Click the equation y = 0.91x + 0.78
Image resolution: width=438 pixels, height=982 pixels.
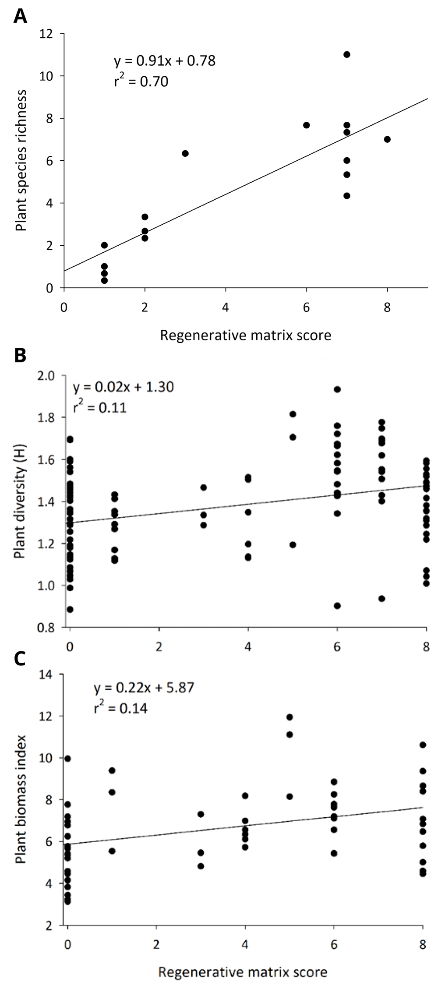coord(165,61)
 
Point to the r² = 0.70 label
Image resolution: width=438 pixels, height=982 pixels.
coord(141,81)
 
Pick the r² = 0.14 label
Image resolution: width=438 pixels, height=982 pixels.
coord(120,708)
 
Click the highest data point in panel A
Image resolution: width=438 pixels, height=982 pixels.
coord(347,54)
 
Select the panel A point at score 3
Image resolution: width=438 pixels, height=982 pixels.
coord(185,153)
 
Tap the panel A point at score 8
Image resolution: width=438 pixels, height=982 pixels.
coord(387,139)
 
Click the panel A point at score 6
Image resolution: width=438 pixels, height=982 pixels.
coord(307,125)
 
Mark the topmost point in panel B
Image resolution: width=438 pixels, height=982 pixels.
coord(337,389)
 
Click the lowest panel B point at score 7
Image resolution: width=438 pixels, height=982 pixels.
coord(381,599)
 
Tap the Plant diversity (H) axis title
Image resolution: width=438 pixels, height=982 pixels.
coord(19,502)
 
